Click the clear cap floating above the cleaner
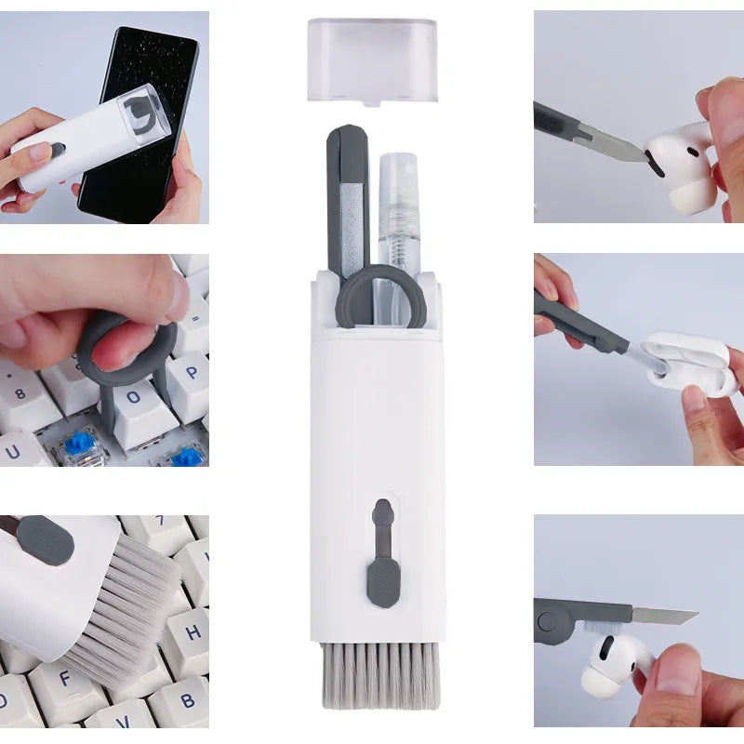click(x=371, y=58)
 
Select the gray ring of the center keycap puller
click(x=381, y=297)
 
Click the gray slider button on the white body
click(x=381, y=577)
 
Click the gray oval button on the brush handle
click(x=45, y=540)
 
